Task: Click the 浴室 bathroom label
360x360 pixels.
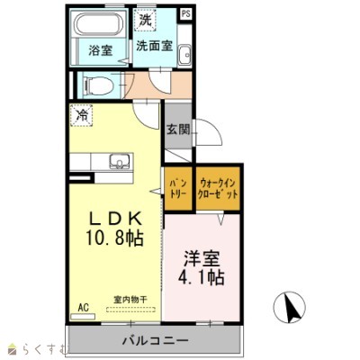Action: point(101,50)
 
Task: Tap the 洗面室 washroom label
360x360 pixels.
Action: point(155,46)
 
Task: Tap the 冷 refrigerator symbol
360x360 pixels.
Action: point(83,115)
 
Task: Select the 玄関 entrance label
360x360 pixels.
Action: point(177,130)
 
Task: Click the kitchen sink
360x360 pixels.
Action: point(118,163)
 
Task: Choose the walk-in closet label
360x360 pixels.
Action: point(218,189)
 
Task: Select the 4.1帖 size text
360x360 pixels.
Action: point(202,279)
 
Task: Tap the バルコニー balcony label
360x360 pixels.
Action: point(155,340)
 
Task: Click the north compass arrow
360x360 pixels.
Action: point(291,309)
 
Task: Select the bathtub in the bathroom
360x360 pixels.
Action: point(101,24)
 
